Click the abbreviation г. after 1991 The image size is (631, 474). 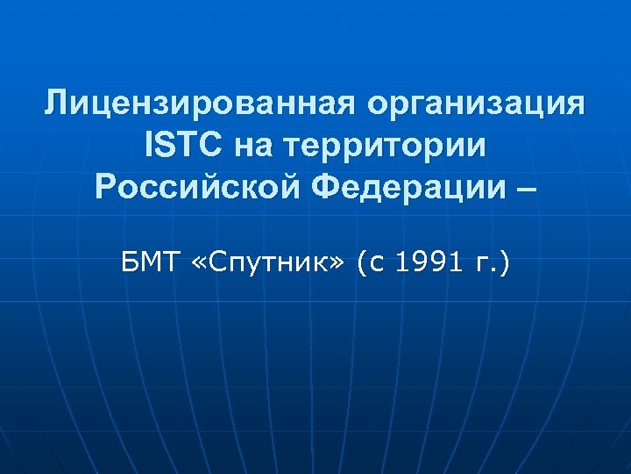pyautogui.click(x=485, y=262)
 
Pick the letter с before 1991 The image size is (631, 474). pyautogui.click(x=377, y=262)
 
